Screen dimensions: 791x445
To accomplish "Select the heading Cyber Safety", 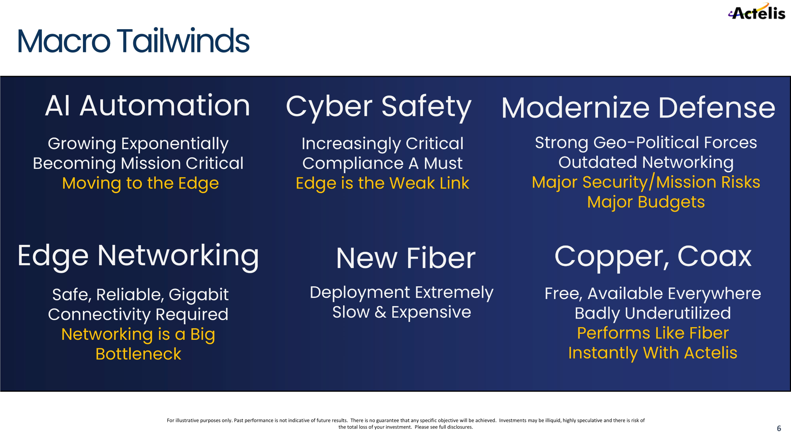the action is pos(379,107).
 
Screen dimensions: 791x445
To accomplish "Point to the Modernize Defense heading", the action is pos(638,108).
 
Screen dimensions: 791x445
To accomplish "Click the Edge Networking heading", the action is pos(138,257).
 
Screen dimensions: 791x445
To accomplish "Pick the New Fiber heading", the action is pos(406,258).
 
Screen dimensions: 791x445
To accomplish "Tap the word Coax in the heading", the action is pos(714,256).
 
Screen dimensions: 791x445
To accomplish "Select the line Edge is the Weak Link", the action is pos(382,183).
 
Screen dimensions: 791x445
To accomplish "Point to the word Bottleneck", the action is pos(139,354).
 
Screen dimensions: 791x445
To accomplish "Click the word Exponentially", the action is pos(175,144).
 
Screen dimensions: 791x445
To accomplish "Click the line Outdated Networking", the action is pos(646,163).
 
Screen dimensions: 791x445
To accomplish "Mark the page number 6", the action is pos(779,428).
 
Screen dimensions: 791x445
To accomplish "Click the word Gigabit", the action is pos(199,295).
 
